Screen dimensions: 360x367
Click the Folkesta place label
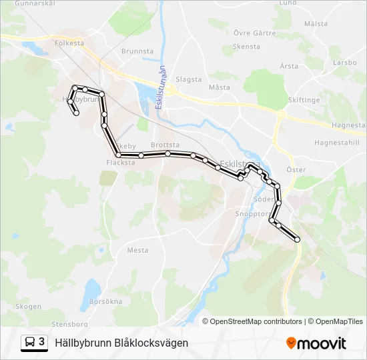(x=71, y=43)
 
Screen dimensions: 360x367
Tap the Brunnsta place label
(x=137, y=50)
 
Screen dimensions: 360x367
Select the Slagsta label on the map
(x=188, y=79)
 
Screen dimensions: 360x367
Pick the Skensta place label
(x=246, y=47)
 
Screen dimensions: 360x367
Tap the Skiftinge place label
(x=304, y=100)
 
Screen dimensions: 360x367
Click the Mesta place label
(x=137, y=251)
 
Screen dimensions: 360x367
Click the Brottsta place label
(x=165, y=145)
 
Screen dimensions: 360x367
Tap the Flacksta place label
(x=120, y=162)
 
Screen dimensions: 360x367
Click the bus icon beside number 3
(x=31, y=342)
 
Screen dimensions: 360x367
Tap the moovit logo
(x=316, y=343)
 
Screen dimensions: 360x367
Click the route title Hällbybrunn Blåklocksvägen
(x=121, y=343)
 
